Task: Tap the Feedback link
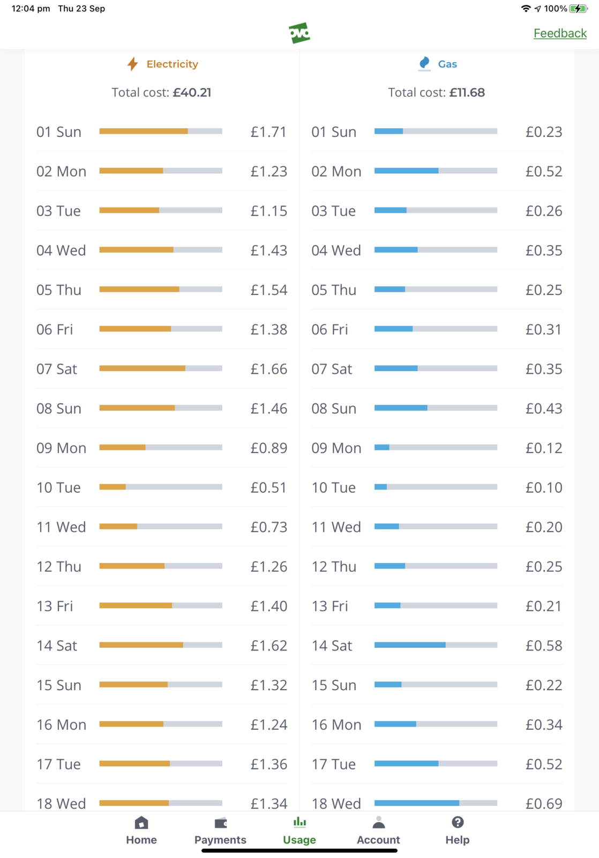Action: click(560, 33)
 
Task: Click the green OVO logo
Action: click(299, 33)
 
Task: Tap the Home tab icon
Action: click(141, 823)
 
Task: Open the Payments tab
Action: click(220, 831)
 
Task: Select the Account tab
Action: click(378, 831)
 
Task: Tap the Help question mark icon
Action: click(458, 823)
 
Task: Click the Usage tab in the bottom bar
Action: click(299, 831)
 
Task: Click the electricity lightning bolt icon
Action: click(132, 64)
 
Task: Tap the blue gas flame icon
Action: click(424, 63)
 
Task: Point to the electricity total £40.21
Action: click(192, 92)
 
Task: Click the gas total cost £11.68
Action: click(467, 92)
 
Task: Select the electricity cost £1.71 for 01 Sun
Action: click(268, 132)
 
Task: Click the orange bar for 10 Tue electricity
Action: click(113, 487)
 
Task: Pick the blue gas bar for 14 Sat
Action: click(410, 645)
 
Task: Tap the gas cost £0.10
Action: click(544, 487)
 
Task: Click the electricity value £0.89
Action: click(268, 448)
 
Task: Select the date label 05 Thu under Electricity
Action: click(59, 290)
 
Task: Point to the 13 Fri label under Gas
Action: click(330, 606)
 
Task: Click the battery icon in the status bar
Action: click(578, 9)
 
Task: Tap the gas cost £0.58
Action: click(544, 646)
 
